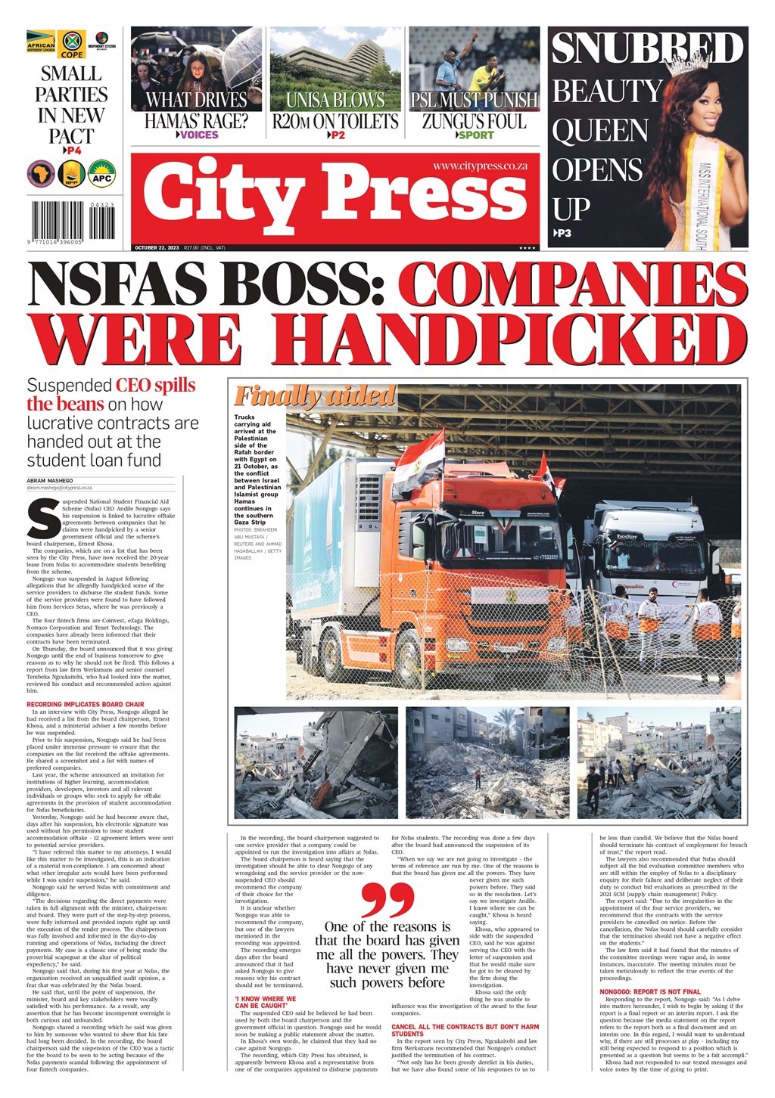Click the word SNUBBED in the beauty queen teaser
point(647,48)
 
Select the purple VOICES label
point(198,135)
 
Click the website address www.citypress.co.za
point(480,166)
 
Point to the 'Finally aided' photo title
point(314,395)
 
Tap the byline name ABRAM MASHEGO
point(51,481)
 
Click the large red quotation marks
point(387,899)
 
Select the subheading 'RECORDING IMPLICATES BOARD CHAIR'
point(85,705)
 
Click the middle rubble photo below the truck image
point(487,763)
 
